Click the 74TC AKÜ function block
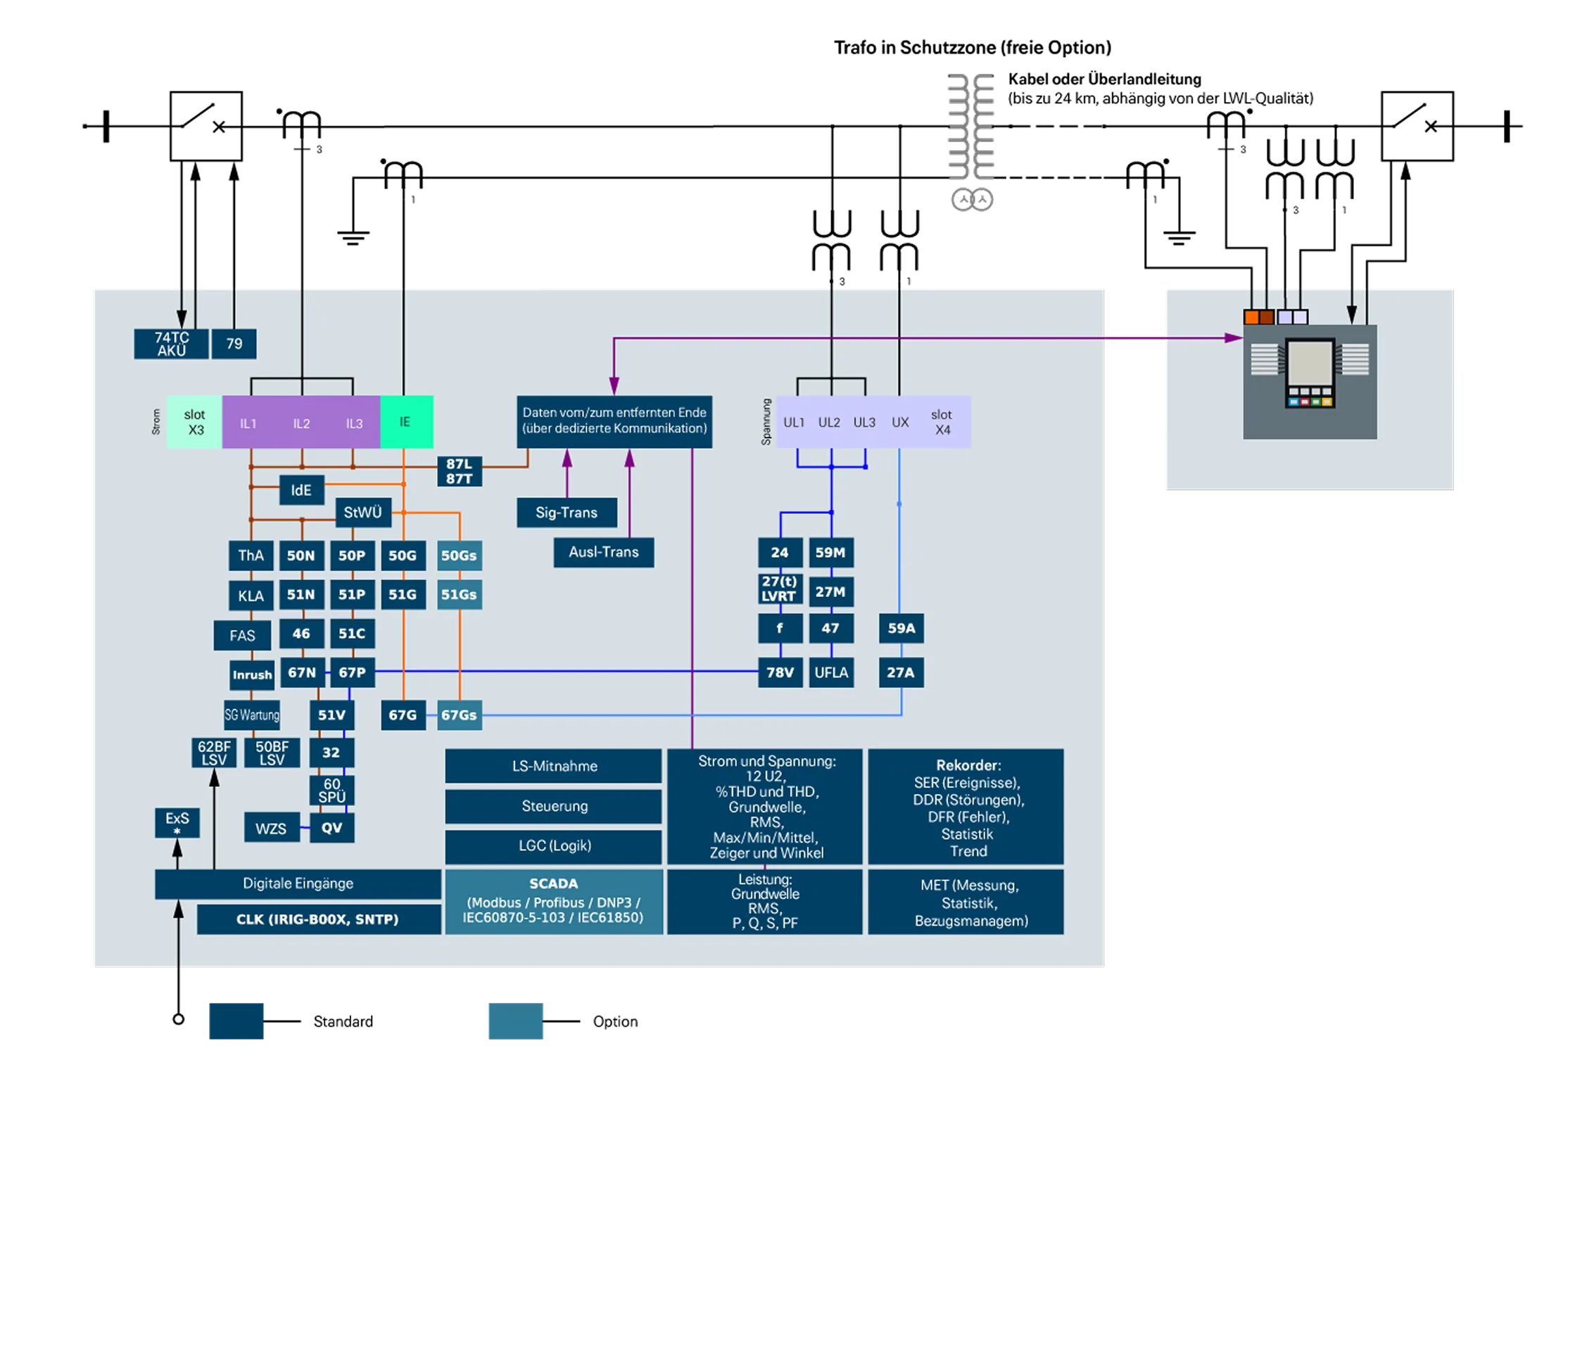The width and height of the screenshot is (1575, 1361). click(x=171, y=344)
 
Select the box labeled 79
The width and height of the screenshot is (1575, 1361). click(x=234, y=344)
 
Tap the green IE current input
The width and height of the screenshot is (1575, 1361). click(x=406, y=422)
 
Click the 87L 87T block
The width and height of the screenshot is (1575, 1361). click(x=459, y=471)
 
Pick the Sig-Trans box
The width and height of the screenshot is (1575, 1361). click(x=567, y=513)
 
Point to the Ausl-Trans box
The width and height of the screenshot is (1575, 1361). click(x=604, y=552)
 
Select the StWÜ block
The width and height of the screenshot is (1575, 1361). click(x=362, y=513)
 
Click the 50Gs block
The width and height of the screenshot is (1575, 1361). click(x=459, y=556)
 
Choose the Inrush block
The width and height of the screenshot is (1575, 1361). click(x=253, y=675)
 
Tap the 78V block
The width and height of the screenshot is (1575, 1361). click(x=780, y=672)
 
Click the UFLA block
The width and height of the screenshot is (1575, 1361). click(x=831, y=672)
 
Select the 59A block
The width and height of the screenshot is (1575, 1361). click(x=902, y=628)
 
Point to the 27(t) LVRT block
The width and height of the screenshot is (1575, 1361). click(x=779, y=589)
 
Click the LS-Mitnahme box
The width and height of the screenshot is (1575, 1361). click(x=554, y=766)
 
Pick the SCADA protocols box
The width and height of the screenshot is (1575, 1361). click(x=553, y=901)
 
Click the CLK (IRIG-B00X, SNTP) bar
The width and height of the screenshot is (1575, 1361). click(x=317, y=919)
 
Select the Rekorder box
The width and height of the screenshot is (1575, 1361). click(x=966, y=807)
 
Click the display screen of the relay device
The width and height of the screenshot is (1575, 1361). click(x=1310, y=363)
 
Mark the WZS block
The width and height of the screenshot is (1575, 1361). click(x=272, y=829)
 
